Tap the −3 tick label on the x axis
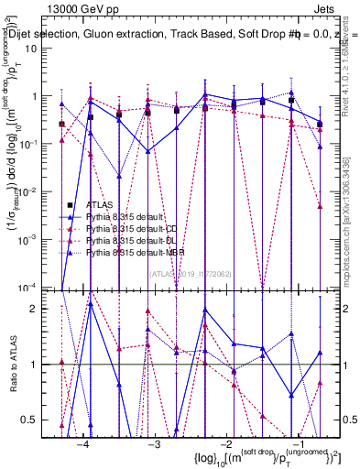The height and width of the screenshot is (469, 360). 155,444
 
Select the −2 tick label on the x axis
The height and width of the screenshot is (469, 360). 226,444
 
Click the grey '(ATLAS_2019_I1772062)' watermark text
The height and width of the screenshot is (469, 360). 189,272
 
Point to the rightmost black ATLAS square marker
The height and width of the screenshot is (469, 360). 320,124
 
